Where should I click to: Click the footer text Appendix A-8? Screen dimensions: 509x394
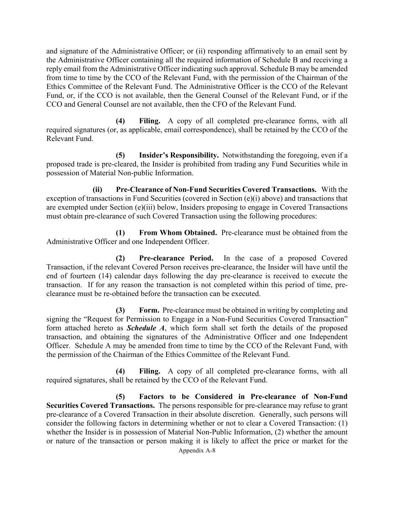pos(197,450)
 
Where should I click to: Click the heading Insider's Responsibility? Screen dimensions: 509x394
pos(179,155)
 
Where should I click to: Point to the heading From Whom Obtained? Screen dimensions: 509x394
pos(178,233)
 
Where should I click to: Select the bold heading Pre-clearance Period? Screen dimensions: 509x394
pos(176,258)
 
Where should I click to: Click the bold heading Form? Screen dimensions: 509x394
pos(149,310)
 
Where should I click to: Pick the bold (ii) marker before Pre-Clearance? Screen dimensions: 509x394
pos(97,189)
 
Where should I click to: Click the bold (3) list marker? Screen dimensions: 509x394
pos(120,310)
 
